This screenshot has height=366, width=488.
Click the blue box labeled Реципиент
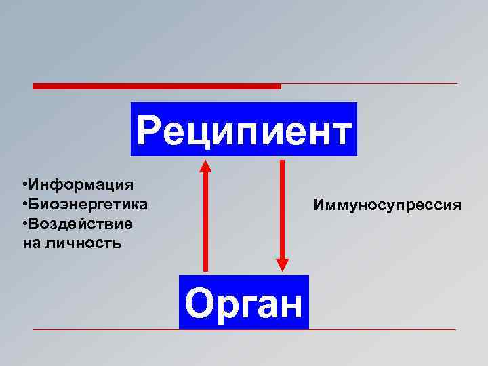244,129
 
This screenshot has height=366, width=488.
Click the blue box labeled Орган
244,302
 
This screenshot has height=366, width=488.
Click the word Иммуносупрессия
387,204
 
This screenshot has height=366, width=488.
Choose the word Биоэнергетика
87,204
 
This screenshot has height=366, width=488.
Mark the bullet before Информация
24,184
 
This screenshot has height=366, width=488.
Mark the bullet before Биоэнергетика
24,204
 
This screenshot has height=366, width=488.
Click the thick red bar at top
156,86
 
